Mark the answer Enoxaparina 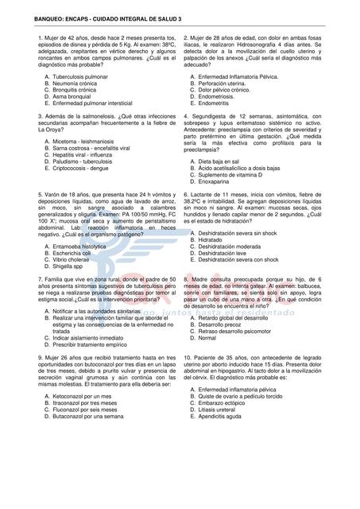coord(217,182)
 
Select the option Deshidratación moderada coord(230,246)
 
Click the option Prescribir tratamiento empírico coord(93,346)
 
